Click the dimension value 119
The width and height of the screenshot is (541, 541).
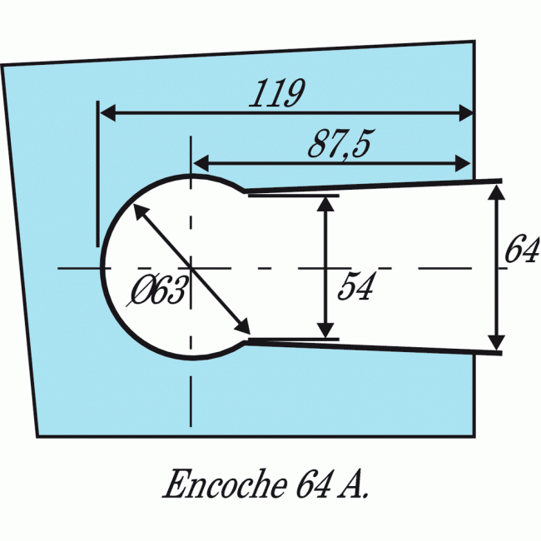click(276, 94)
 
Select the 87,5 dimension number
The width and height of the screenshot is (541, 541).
click(339, 144)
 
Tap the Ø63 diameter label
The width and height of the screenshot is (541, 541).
click(158, 291)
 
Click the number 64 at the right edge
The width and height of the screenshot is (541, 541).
click(522, 251)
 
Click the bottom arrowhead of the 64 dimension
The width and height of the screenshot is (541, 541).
click(496, 343)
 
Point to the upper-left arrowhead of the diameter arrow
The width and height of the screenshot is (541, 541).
click(138, 211)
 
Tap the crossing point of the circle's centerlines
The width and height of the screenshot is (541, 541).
click(191, 268)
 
